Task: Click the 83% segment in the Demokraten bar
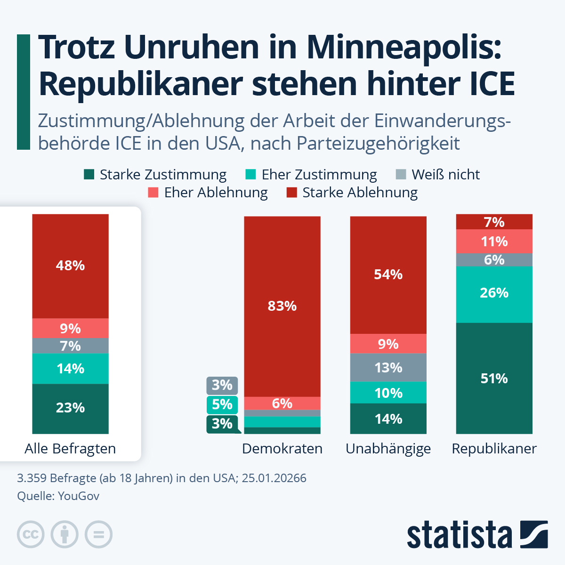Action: (x=282, y=306)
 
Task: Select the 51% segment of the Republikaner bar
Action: (x=494, y=378)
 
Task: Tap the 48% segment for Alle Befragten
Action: (x=70, y=266)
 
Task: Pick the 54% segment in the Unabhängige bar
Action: (x=388, y=274)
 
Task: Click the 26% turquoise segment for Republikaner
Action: (x=494, y=293)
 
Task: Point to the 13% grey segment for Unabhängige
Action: (x=388, y=367)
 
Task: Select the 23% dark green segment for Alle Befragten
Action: (x=70, y=408)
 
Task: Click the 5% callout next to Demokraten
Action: (x=222, y=404)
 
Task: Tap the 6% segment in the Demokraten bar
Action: (x=282, y=404)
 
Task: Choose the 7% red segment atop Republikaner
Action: (x=494, y=222)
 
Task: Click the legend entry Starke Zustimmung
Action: (x=155, y=175)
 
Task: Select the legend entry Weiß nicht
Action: (x=438, y=175)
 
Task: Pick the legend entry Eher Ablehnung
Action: (x=208, y=193)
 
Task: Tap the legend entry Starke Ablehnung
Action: (x=352, y=193)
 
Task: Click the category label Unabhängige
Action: (x=388, y=449)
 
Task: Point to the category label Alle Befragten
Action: (x=70, y=449)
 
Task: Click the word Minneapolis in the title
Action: (x=404, y=48)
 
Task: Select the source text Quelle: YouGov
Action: (x=58, y=496)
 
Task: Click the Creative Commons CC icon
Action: (x=31, y=534)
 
